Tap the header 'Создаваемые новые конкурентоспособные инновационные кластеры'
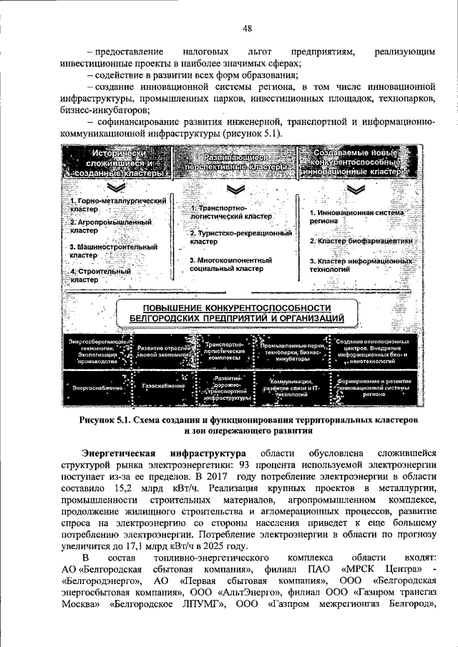point(351,164)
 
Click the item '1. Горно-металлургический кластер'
point(118,206)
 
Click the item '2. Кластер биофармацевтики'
point(361,242)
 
